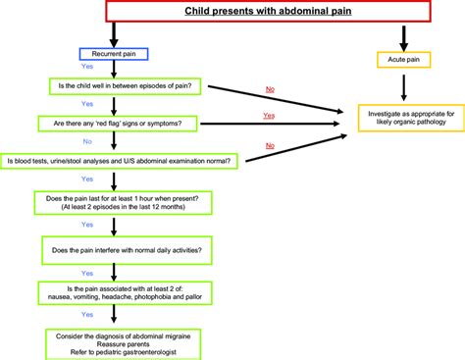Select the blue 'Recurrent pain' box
114,53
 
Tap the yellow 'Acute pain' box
404,61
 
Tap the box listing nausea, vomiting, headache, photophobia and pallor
125,292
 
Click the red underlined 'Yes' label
268,115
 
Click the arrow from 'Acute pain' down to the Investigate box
404,90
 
